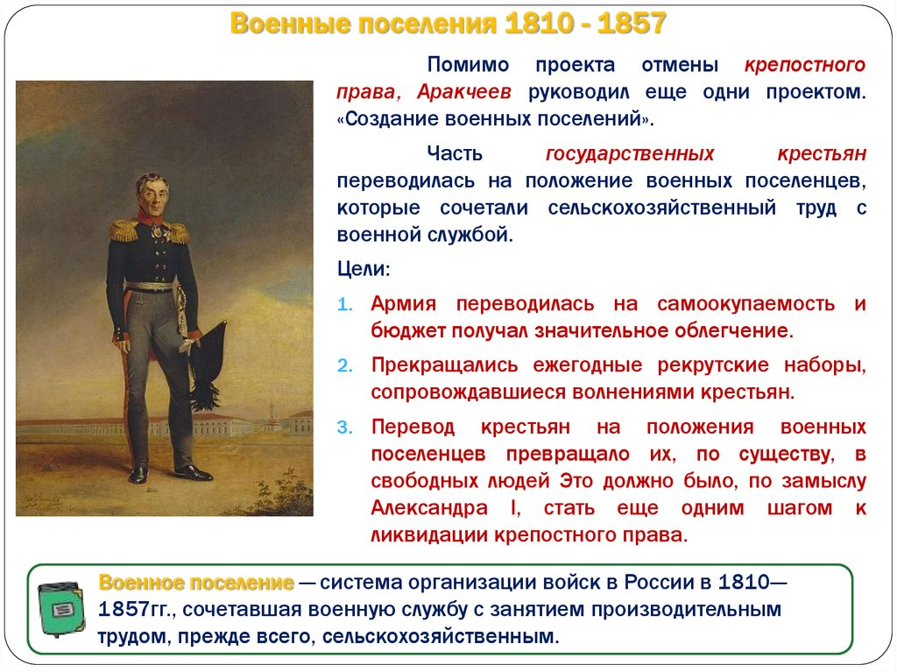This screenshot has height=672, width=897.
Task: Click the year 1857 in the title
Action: (632, 24)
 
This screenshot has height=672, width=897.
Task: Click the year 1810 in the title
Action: (540, 24)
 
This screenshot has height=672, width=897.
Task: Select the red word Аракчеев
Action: (463, 92)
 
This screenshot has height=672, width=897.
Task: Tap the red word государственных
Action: (630, 154)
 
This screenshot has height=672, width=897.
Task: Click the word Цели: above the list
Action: (364, 268)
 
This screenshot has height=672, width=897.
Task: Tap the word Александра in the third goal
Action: (429, 507)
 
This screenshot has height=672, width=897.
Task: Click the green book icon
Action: (60, 609)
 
